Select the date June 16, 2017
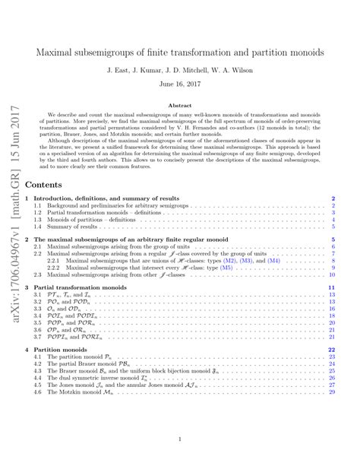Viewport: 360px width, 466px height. coord(179,86)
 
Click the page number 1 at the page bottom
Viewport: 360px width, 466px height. coord(179,439)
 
